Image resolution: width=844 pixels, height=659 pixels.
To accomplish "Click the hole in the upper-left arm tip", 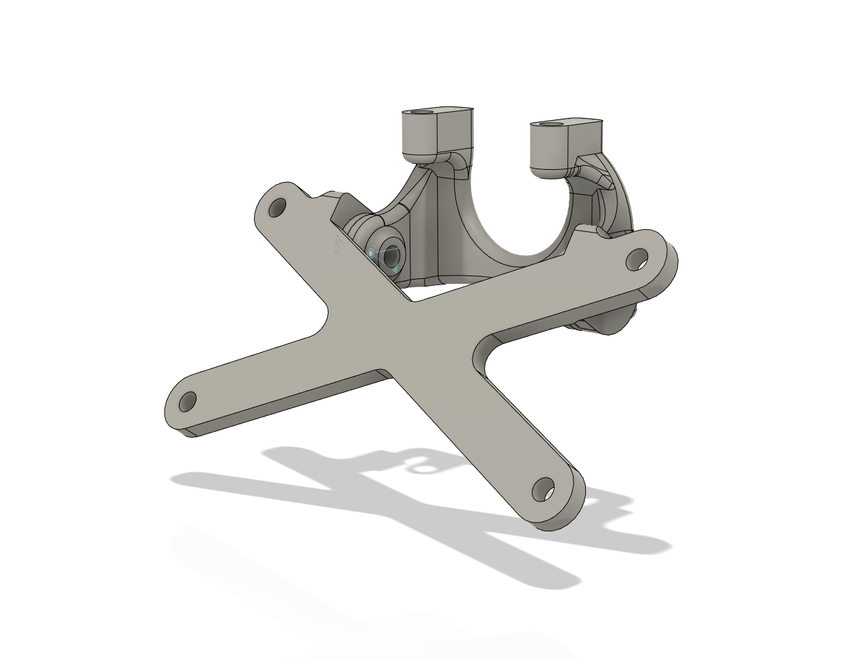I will (x=277, y=207).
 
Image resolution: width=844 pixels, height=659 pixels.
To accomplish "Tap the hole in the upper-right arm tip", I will (x=637, y=259).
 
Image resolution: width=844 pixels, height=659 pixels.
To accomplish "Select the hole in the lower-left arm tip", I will (x=187, y=400).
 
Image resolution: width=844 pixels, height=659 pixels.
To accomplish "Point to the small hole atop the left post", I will (x=425, y=111).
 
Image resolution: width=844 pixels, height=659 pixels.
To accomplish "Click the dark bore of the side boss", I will (x=391, y=257).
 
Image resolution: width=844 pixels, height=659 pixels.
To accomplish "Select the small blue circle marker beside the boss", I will (x=371, y=254).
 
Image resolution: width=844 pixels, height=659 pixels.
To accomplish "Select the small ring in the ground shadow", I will (x=424, y=467).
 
